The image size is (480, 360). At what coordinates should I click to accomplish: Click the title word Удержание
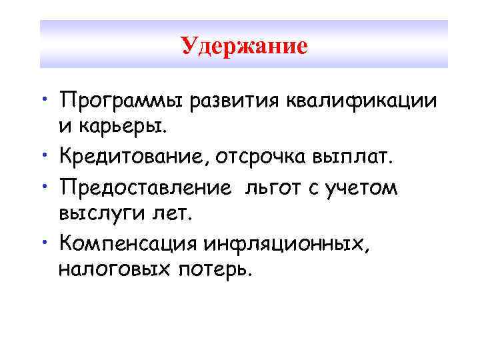click(244, 46)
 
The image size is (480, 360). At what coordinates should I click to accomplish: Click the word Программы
click(122, 101)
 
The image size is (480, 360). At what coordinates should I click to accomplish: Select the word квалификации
click(362, 101)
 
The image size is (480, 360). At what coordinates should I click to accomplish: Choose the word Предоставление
click(152, 189)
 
